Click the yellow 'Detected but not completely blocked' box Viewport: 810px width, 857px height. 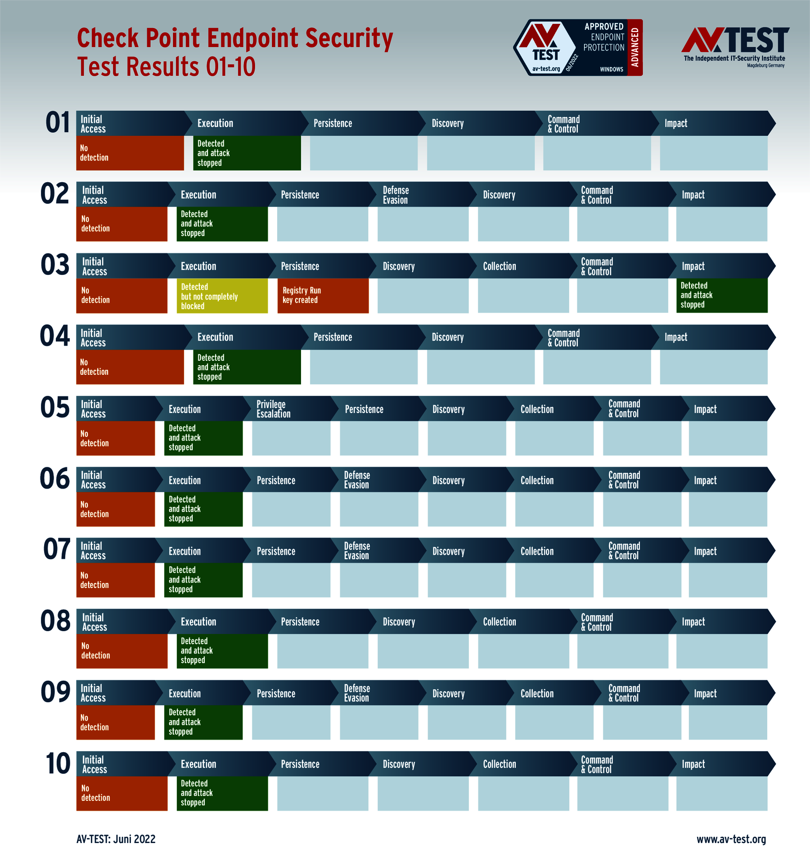[x=222, y=296]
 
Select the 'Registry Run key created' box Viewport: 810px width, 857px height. [x=323, y=296]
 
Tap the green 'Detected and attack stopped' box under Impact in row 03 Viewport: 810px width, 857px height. [x=721, y=295]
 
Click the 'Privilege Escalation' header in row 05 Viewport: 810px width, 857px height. [x=274, y=409]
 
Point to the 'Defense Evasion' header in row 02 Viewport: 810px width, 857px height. [x=396, y=195]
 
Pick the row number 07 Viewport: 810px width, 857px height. [x=57, y=549]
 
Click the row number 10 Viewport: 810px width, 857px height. [x=58, y=763]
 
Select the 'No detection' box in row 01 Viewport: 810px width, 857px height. [x=130, y=153]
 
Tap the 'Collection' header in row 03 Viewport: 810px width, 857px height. [x=499, y=266]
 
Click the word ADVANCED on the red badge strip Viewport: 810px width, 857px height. [x=635, y=47]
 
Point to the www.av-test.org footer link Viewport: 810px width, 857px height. [x=731, y=839]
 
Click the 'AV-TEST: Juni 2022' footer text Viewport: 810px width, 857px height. [x=116, y=839]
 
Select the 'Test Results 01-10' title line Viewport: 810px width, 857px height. [x=166, y=67]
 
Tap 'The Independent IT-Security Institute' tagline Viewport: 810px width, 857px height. [x=734, y=58]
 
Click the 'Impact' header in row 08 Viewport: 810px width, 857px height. [x=693, y=622]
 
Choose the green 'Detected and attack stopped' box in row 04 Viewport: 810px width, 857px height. [x=247, y=367]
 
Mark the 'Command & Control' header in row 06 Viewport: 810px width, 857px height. [x=624, y=480]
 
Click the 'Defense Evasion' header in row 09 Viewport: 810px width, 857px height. [x=357, y=693]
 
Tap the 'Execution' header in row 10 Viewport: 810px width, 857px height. [x=198, y=764]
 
